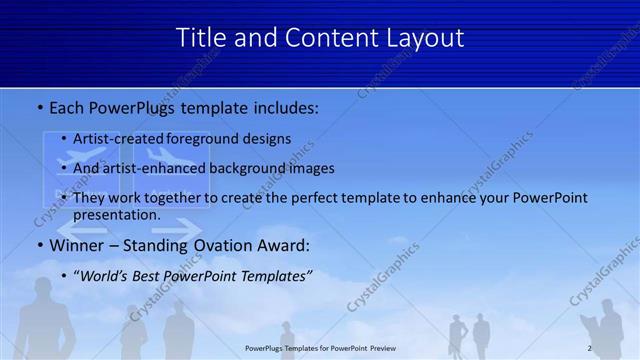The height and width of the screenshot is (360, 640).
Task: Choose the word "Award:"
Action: [x=286, y=245]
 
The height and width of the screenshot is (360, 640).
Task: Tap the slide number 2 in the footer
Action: [x=589, y=348]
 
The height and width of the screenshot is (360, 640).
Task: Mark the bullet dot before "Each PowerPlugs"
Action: [x=39, y=106]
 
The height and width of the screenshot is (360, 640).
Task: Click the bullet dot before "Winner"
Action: [x=39, y=246]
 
